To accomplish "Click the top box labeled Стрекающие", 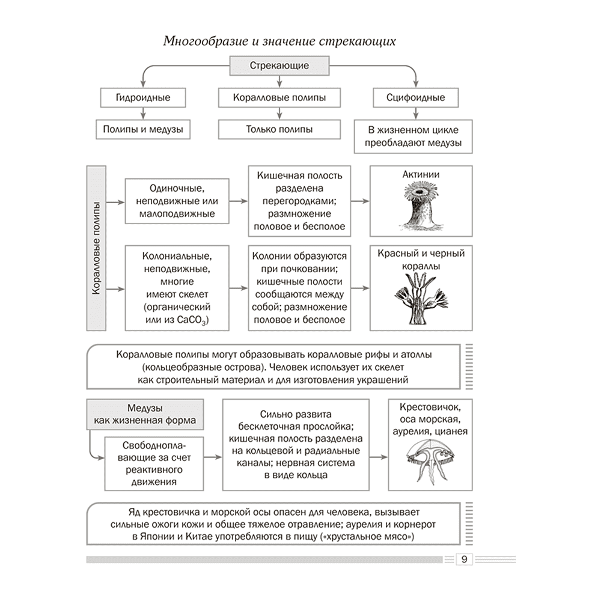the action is pyautogui.click(x=279, y=66).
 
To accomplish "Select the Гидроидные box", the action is pyautogui.click(x=143, y=98).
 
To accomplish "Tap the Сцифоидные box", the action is pyautogui.click(x=415, y=98).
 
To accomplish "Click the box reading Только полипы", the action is pyautogui.click(x=279, y=130).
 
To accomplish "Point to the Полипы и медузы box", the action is pyautogui.click(x=143, y=130).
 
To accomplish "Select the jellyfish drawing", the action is pyautogui.click(x=430, y=462).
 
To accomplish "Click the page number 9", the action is pyautogui.click(x=464, y=559).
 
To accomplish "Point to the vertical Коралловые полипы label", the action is pyautogui.click(x=96, y=248).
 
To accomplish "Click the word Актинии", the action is pyautogui.click(x=421, y=175).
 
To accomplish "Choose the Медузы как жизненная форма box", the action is pyautogui.click(x=145, y=414).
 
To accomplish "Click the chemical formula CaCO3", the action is pyautogui.click(x=193, y=320).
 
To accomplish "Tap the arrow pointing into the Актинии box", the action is pyautogui.click(x=360, y=201).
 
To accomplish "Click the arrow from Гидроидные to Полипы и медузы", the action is pyautogui.click(x=143, y=114).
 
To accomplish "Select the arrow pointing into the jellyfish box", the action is pyautogui.click(x=379, y=457).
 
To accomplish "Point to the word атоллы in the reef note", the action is pyautogui.click(x=416, y=355).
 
